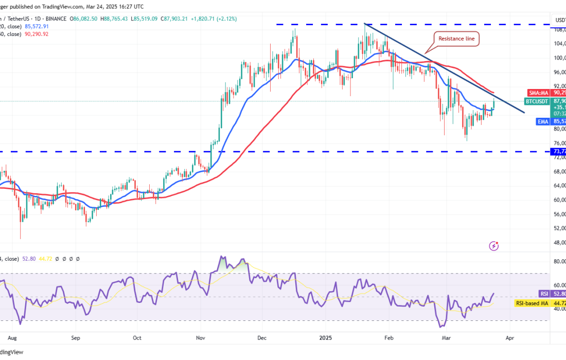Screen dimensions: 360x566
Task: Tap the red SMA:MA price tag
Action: coord(540,93)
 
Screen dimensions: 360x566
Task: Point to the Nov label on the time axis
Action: coord(201,338)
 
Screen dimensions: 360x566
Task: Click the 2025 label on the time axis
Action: coord(325,338)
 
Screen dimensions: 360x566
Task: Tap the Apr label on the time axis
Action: coord(510,338)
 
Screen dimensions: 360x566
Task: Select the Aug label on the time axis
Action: coord(13,338)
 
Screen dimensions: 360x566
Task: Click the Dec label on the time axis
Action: coord(262,338)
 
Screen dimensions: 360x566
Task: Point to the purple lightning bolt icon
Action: coord(494,246)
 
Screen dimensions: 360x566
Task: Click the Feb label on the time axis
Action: coord(388,338)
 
